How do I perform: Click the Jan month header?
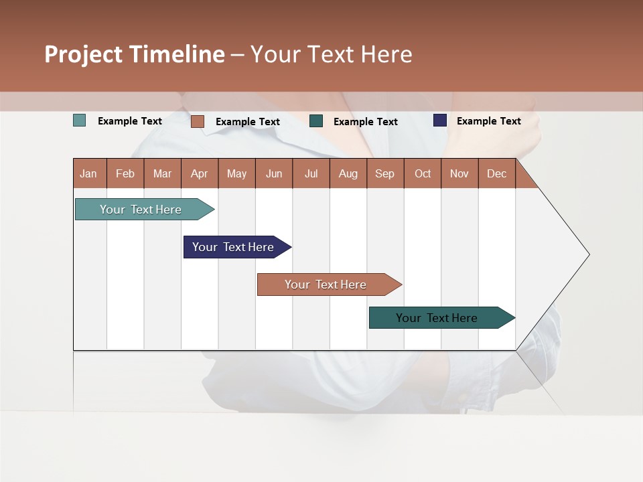(88, 174)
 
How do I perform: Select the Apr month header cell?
(200, 174)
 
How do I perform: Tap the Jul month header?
(311, 174)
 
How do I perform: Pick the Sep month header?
(384, 174)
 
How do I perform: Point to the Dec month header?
(496, 174)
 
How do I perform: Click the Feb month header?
(125, 174)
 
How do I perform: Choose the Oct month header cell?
(423, 174)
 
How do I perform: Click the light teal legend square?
(80, 120)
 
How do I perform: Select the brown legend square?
(198, 121)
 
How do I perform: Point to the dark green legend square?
(316, 121)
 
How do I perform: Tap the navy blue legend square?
(440, 120)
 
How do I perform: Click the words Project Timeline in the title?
(135, 54)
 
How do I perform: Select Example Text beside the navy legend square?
(488, 121)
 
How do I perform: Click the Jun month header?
(274, 174)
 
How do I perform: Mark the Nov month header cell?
(459, 174)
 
